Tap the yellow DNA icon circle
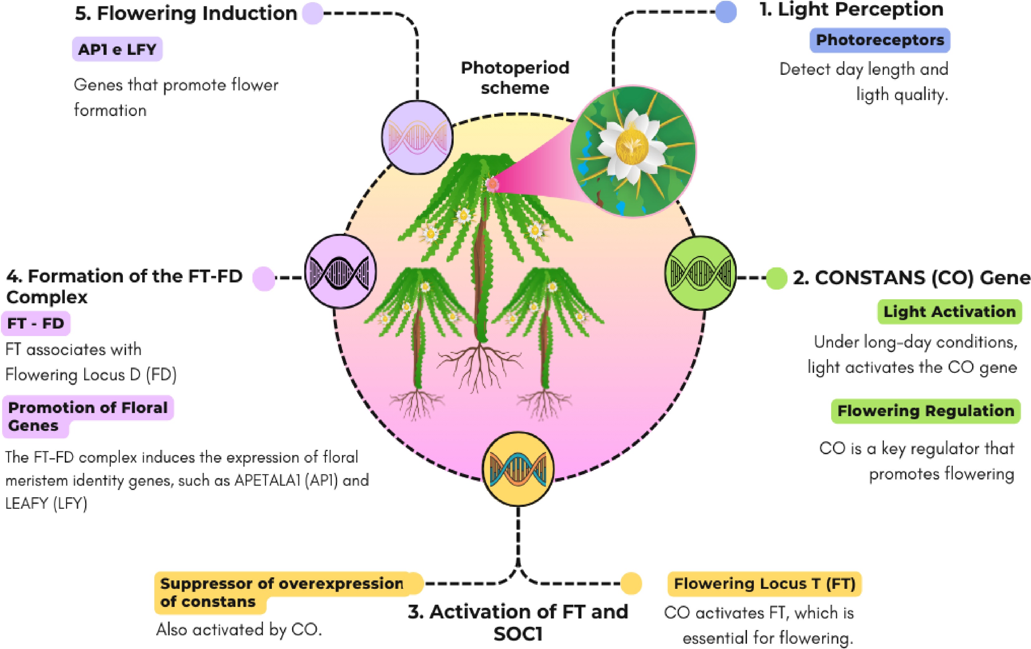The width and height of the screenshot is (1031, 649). [518, 469]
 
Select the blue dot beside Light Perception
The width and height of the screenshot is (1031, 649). [726, 12]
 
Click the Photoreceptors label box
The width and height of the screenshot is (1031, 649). [880, 40]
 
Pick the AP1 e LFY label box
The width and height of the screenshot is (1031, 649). [117, 49]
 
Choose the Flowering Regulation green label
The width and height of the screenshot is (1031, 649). [926, 411]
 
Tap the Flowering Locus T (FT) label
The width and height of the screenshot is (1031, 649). [764, 584]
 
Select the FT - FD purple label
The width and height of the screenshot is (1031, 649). [36, 323]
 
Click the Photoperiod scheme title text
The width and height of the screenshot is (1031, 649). [515, 78]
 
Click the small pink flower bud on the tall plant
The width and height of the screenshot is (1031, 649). [492, 185]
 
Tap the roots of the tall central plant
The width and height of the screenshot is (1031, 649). [479, 364]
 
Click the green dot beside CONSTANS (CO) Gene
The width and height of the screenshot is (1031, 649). [776, 278]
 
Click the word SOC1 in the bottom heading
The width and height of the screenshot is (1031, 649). [518, 634]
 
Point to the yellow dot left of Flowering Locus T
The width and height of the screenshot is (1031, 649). [631, 584]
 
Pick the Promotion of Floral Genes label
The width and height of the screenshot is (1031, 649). [88, 416]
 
